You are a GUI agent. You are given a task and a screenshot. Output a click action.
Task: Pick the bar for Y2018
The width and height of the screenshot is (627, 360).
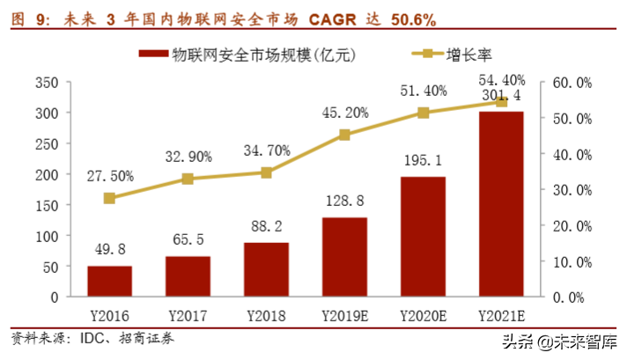tap(266, 269)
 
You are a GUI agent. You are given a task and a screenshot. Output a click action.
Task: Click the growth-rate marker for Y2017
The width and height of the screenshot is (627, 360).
tap(188, 179)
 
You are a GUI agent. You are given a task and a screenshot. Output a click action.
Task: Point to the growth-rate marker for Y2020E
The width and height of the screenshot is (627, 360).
tap(423, 113)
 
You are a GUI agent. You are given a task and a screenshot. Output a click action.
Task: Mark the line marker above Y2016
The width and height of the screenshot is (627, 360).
tap(109, 198)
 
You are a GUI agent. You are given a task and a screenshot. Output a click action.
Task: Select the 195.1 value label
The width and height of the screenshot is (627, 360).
tap(422, 162)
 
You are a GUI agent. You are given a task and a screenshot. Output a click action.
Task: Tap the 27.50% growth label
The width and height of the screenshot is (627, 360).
tap(109, 176)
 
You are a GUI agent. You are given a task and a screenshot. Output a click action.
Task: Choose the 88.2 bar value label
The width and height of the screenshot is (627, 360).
tap(266, 228)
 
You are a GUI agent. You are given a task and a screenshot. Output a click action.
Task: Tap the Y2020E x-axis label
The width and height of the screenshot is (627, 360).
tap(423, 315)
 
